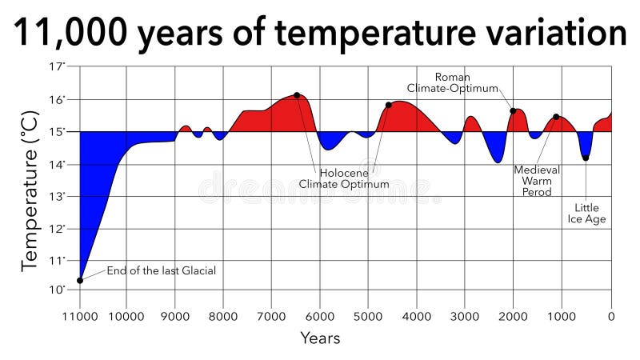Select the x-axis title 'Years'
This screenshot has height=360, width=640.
pyautogui.click(x=320, y=338)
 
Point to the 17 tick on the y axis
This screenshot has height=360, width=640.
pyautogui.click(x=57, y=67)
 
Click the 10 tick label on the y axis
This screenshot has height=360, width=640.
pyautogui.click(x=57, y=290)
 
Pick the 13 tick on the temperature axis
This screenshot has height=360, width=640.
pyautogui.click(x=57, y=196)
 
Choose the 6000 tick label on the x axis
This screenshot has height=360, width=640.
pyautogui.click(x=320, y=315)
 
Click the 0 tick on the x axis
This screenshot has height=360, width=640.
pyautogui.click(x=610, y=315)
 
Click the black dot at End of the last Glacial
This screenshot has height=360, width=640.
pyautogui.click(x=80, y=280)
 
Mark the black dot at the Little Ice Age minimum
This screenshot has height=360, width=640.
pyautogui.click(x=586, y=158)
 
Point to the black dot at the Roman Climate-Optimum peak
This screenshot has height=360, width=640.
pyautogui.click(x=513, y=111)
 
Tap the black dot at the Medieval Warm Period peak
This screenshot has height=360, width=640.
pyautogui.click(x=556, y=117)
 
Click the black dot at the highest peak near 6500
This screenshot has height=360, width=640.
pyautogui.click(x=297, y=95)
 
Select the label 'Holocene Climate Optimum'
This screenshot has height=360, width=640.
pyautogui.click(x=344, y=178)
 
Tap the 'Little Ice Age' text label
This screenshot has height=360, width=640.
pyautogui.click(x=586, y=214)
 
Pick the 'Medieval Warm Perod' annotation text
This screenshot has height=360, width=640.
pyautogui.click(x=536, y=182)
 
